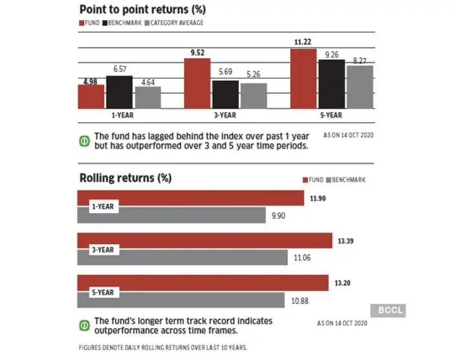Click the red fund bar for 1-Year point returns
(91, 96)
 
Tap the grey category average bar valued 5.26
(254, 95)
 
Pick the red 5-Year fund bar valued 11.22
(304, 79)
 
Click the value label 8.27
(360, 60)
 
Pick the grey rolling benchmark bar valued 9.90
(171, 215)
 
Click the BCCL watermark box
(387, 310)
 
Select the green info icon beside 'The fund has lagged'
(83, 141)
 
